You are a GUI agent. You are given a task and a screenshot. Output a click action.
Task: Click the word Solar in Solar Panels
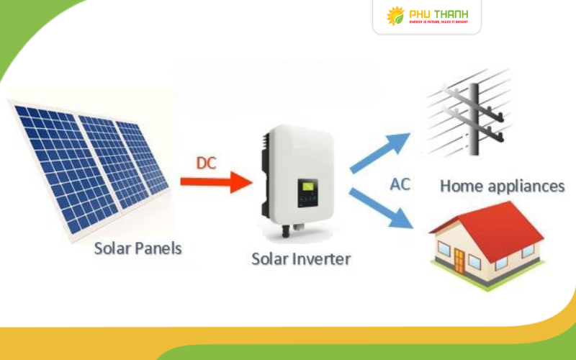[x=114, y=249]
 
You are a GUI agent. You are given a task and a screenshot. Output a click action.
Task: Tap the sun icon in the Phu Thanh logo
[x=395, y=15]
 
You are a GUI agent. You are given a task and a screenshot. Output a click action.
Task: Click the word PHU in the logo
[x=421, y=13]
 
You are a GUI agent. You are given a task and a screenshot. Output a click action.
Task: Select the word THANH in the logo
[x=453, y=13]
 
